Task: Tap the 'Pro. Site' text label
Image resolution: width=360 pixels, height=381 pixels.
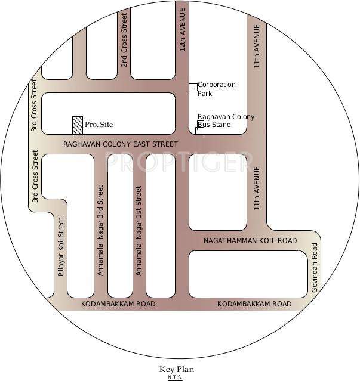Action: click(x=99, y=125)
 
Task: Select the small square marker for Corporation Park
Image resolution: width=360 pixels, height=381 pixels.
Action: click(x=193, y=87)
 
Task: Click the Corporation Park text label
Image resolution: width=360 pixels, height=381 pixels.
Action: click(x=216, y=89)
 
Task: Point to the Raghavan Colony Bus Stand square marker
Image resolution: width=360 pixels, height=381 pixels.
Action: click(x=199, y=131)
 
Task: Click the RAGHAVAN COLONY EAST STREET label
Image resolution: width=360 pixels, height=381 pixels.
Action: click(x=121, y=144)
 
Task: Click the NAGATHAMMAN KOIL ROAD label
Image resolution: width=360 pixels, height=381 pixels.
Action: click(x=250, y=240)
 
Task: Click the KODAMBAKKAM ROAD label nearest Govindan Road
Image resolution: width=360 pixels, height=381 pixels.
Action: click(x=254, y=304)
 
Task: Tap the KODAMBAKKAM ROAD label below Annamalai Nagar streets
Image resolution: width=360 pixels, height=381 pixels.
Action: click(x=118, y=304)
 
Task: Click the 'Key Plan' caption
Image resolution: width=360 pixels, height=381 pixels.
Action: click(x=176, y=370)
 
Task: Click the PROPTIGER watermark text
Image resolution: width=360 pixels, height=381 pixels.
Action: click(x=176, y=161)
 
